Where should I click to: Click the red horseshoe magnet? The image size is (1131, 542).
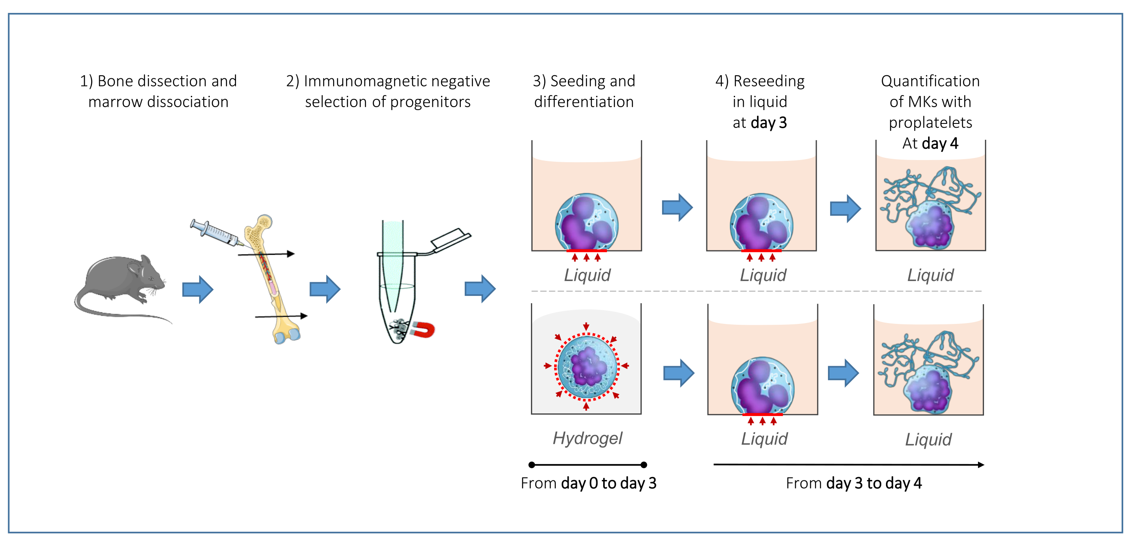(423, 330)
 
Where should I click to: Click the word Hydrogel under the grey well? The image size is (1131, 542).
(588, 438)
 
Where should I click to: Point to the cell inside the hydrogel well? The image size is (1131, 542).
(587, 366)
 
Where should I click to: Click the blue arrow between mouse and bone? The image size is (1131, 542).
(198, 289)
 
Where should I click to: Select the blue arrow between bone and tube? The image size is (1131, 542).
(325, 289)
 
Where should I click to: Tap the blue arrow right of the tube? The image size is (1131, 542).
(480, 289)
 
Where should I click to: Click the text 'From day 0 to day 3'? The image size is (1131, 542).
(588, 483)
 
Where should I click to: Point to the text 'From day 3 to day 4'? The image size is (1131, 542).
(854, 483)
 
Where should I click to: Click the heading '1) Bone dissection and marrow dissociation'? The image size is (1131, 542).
(158, 91)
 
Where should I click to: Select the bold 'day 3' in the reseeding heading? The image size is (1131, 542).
(769, 123)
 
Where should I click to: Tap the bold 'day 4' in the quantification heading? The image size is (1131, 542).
(940, 143)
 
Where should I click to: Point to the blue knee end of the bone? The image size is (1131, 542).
(287, 336)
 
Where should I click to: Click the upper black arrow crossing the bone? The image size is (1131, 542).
(266, 254)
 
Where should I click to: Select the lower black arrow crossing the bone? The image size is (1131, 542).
(281, 316)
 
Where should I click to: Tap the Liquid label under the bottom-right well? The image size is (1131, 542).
(928, 439)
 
